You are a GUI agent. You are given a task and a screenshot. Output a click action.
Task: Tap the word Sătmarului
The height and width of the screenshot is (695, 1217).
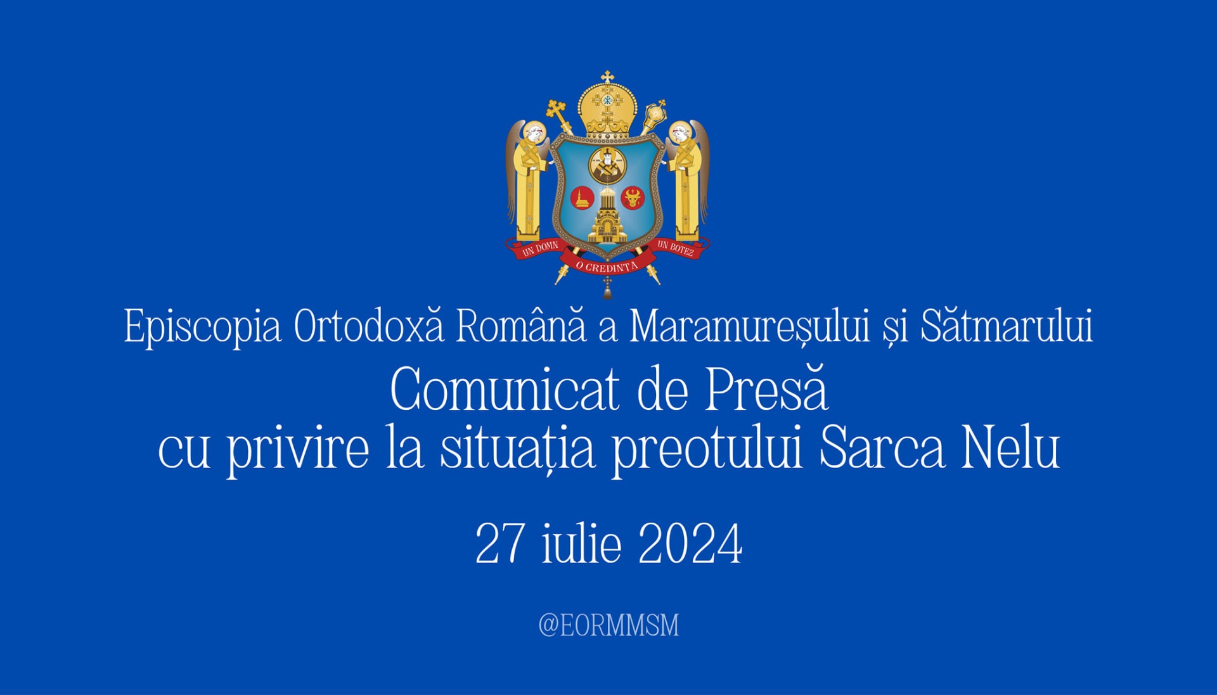pos(1007,326)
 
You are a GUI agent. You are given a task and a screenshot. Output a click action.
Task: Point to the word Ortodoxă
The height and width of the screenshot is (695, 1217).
pos(369,326)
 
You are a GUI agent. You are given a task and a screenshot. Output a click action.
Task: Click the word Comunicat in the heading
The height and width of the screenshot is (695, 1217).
pos(505,389)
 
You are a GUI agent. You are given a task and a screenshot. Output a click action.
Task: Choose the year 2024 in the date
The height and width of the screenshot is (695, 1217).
pos(690,544)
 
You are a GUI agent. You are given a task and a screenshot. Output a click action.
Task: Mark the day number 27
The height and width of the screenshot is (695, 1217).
pos(501,544)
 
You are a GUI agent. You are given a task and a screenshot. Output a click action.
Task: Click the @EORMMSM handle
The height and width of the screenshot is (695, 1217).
pos(608,625)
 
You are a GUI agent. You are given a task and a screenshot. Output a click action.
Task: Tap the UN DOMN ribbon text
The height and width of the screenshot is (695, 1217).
pos(540,248)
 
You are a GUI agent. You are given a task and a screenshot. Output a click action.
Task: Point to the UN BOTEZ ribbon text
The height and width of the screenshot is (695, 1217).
pos(676,248)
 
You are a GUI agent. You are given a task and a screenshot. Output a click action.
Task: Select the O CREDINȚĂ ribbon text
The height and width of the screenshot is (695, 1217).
pos(607,267)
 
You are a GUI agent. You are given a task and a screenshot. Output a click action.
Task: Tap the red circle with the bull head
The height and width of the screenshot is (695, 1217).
pos(632,198)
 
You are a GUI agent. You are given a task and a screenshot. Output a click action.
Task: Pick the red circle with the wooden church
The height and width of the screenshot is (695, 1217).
pos(582,198)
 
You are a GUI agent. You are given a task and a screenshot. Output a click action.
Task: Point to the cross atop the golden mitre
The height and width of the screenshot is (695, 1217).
pos(607,77)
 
